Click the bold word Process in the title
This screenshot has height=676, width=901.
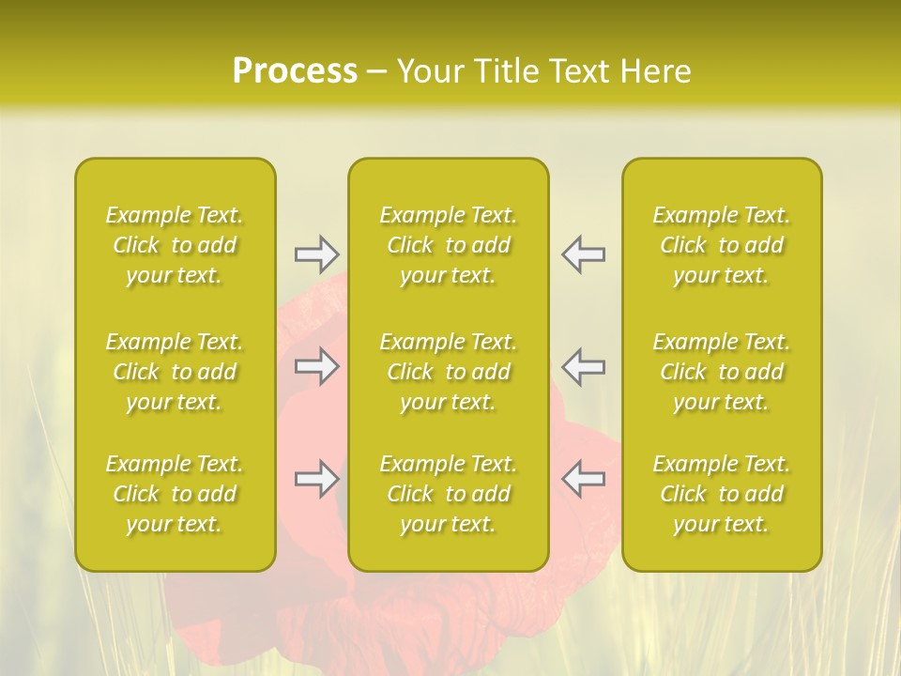(295, 71)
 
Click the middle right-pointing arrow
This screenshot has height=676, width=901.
(316, 366)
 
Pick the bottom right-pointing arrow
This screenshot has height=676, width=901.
(316, 479)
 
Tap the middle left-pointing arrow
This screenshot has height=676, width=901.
(584, 366)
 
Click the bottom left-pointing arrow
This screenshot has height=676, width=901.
(584, 479)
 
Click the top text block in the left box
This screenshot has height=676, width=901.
(175, 245)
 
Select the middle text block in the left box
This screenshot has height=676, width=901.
(175, 372)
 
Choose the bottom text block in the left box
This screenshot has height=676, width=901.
(175, 494)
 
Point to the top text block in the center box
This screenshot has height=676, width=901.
(449, 245)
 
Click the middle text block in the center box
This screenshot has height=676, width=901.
(449, 372)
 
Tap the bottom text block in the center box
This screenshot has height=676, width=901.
(449, 494)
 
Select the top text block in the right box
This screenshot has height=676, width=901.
(722, 245)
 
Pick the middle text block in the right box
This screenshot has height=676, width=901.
(722, 372)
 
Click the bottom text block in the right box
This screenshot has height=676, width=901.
(722, 494)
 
